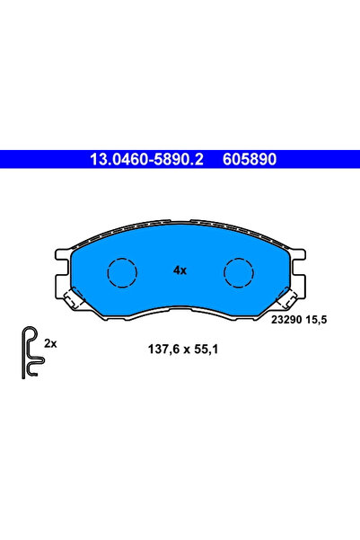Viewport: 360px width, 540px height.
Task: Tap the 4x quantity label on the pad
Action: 180,270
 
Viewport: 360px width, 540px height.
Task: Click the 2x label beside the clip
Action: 50,344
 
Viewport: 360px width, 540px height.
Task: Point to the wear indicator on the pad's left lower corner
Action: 74,298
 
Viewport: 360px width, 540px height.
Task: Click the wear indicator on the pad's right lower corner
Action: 286,298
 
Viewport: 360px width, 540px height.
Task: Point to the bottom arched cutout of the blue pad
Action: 180,309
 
